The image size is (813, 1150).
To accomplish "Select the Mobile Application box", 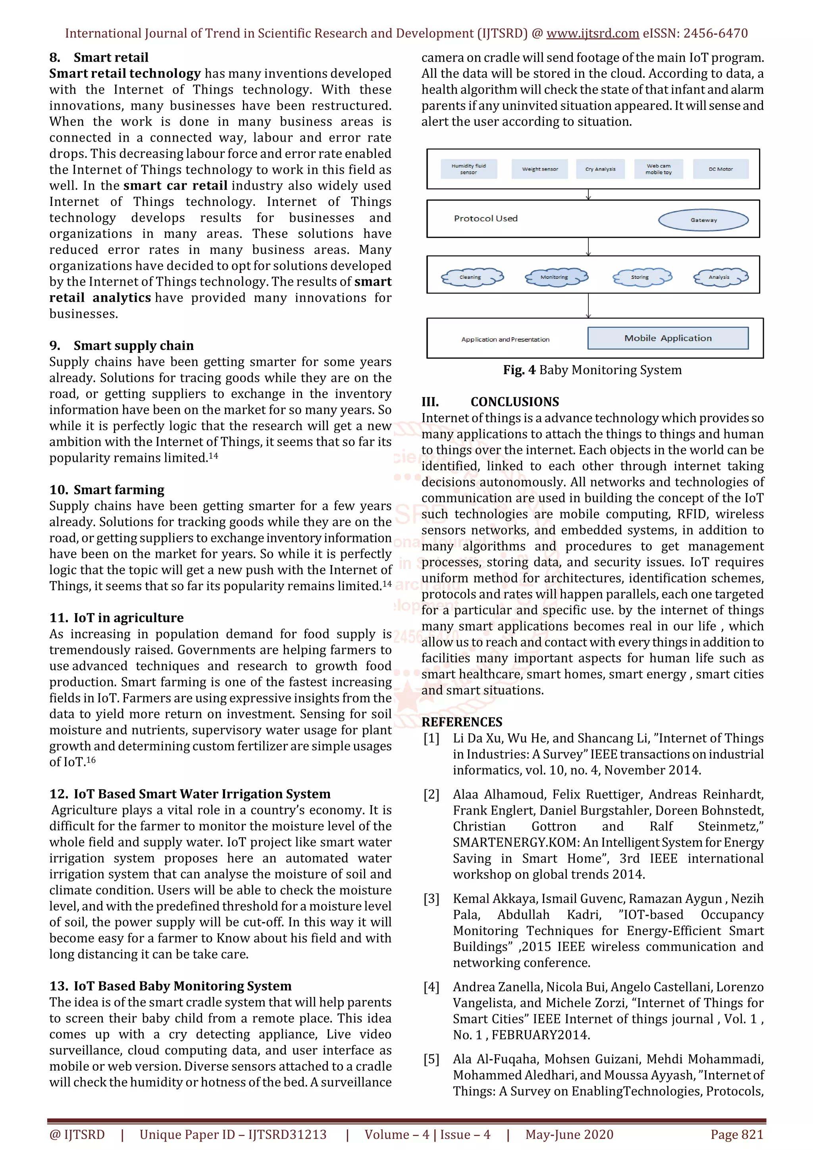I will (667, 338).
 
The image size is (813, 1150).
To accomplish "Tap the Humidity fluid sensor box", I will (468, 169).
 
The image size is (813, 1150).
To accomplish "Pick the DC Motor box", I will (721, 169).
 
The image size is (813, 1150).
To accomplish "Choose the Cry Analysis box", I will (600, 169).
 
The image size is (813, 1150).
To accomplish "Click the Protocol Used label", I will (485, 218).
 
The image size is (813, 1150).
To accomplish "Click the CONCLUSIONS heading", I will (514, 402).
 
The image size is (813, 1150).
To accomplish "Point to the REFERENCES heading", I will (461, 722).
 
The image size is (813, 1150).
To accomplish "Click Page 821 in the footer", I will (736, 1135).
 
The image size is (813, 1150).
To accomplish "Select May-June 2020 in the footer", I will (569, 1135).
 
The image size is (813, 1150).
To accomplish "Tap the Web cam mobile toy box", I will (658, 169).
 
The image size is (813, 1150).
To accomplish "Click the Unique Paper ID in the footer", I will (233, 1135).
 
